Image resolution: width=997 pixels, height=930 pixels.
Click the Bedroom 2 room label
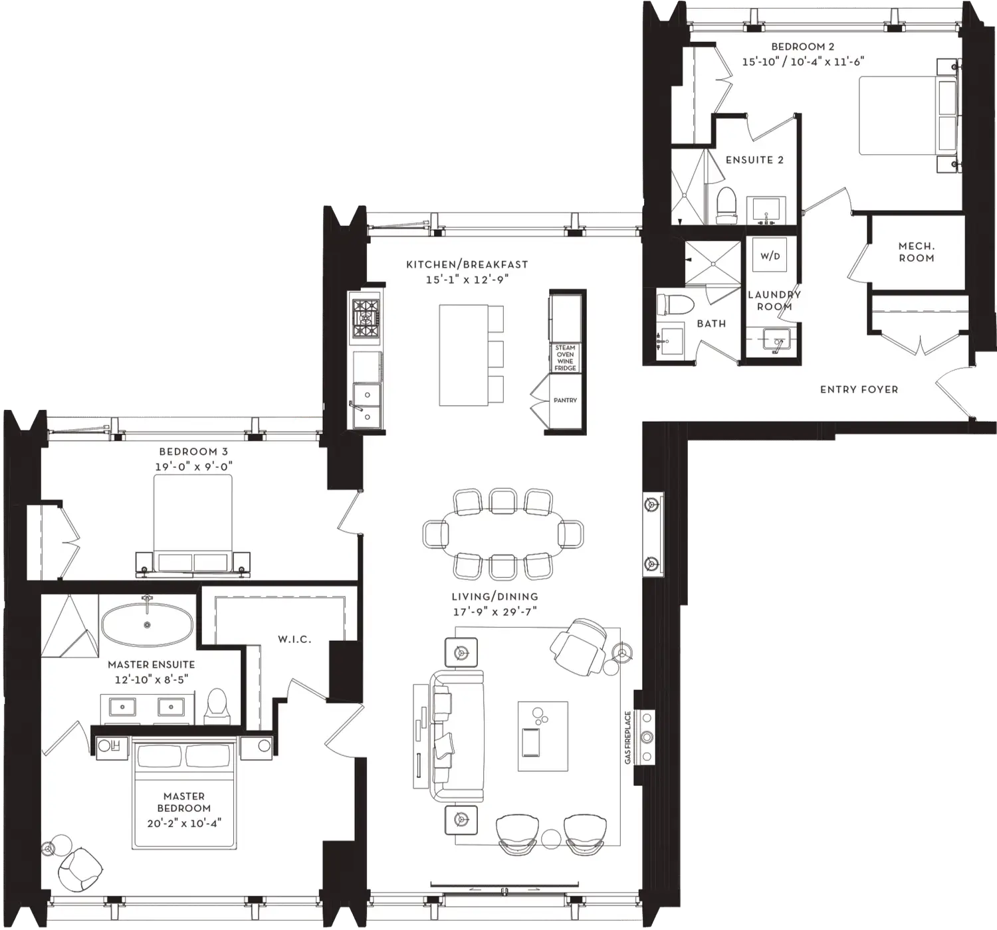point(803,46)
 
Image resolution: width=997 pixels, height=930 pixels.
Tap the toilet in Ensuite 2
point(726,205)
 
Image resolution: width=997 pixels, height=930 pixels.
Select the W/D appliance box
point(770,256)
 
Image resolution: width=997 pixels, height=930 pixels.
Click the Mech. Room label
point(916,252)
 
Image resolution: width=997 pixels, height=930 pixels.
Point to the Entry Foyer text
point(859,389)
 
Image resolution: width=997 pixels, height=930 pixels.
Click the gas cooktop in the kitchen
point(366,318)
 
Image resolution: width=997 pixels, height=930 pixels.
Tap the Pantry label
point(565,400)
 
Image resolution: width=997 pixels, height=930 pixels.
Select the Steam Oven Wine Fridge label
point(565,357)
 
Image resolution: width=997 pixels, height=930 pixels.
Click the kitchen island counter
point(463,355)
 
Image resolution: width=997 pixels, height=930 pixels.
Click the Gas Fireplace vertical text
point(627,737)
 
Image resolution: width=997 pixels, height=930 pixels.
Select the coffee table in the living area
point(542,736)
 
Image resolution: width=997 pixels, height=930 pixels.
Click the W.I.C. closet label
point(294,640)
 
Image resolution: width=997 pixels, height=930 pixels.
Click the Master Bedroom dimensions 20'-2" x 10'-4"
point(184,823)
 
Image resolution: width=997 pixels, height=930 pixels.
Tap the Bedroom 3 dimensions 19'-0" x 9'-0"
point(194,466)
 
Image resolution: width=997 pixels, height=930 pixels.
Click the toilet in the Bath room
point(675,304)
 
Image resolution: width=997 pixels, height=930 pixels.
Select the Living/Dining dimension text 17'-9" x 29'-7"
point(495,611)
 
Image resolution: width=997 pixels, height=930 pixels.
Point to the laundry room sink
point(776,339)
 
